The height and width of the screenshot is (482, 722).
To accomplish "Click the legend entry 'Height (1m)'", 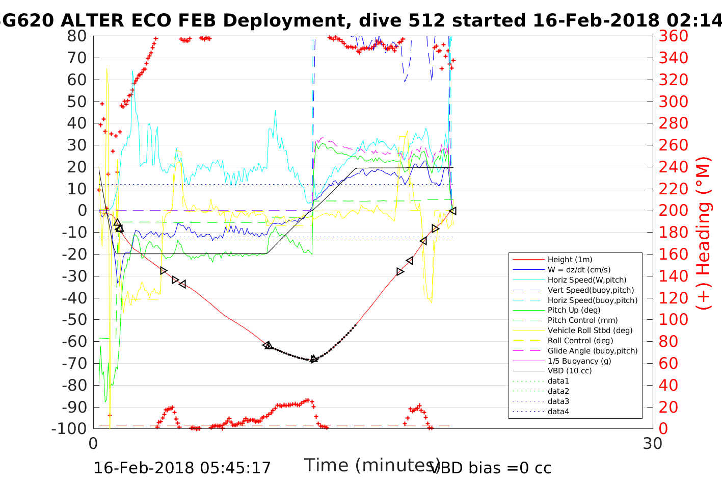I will [x=570, y=260].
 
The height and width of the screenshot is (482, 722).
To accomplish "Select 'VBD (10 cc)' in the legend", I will [x=570, y=371].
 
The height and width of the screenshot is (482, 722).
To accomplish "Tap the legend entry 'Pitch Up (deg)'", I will [x=574, y=310].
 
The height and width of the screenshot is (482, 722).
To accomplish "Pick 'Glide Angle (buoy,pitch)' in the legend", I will [x=592, y=351].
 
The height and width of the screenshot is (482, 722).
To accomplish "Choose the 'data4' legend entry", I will [x=558, y=412].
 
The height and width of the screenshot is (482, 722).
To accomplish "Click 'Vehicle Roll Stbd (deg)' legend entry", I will [x=590, y=331].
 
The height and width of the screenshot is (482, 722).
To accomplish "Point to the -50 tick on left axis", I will [x=74, y=320].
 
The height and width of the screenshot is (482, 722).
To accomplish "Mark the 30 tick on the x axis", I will [x=652, y=443].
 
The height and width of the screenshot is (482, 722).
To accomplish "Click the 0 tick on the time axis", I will [x=93, y=443].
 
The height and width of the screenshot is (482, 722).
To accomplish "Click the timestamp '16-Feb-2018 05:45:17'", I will [x=182, y=468].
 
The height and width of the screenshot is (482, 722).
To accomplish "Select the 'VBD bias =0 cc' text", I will [x=491, y=468].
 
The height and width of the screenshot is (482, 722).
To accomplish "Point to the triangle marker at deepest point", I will [x=314, y=359].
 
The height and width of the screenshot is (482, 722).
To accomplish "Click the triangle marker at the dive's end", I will [x=452, y=211].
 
